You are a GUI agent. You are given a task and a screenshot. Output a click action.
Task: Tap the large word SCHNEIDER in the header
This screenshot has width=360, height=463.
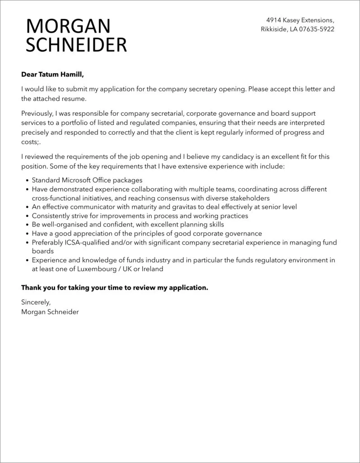tap(76, 45)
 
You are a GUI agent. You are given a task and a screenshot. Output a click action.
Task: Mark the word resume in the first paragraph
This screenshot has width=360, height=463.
tap(74, 99)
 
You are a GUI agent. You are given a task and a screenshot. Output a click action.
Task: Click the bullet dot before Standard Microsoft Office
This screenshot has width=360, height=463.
tap(28, 180)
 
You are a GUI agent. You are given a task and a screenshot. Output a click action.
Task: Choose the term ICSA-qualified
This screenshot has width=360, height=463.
tap(86, 242)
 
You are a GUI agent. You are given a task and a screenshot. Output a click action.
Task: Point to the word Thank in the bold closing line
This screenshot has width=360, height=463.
tap(31, 288)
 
